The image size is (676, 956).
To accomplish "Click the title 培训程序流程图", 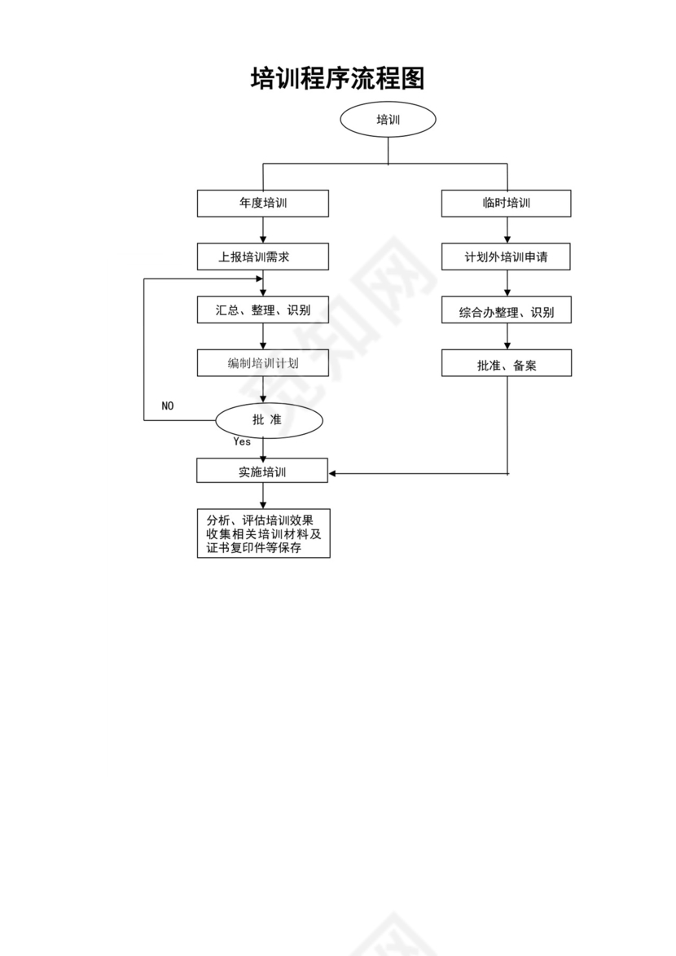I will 337,79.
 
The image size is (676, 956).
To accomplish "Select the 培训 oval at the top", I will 388,120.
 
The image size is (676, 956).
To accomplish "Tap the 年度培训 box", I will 262,204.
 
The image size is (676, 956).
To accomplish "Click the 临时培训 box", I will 506,204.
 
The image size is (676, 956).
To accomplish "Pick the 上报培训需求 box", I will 262,257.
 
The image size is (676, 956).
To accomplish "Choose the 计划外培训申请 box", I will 506,257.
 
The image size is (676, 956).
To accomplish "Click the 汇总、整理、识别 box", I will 262,310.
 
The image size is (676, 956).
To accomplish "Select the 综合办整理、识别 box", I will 506,311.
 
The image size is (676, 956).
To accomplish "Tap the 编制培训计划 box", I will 262,363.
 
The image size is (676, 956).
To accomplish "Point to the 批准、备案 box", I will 506,364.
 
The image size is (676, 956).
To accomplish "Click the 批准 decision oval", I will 269,420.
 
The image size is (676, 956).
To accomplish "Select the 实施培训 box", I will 262,471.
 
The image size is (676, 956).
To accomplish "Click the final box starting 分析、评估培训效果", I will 263,533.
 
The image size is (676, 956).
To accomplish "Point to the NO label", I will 167,406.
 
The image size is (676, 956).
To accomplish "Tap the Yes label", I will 242,442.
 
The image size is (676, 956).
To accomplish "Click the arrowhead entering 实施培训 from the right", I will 333,472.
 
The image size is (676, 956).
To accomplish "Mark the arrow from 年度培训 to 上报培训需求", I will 262,230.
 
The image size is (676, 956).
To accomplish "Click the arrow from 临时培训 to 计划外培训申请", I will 507,230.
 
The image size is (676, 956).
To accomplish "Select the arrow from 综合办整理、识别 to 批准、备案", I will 507,336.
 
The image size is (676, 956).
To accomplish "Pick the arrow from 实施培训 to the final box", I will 262,496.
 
